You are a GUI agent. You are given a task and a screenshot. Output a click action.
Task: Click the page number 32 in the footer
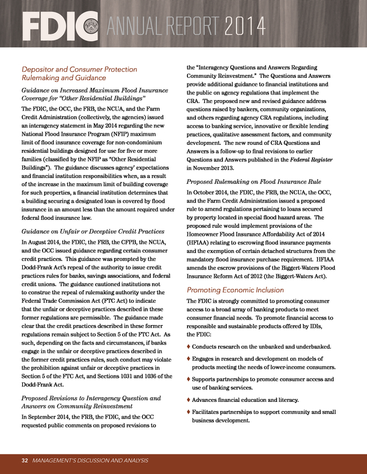click(x=25, y=460)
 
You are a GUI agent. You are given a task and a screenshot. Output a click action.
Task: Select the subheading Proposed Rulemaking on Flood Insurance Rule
click(x=250, y=181)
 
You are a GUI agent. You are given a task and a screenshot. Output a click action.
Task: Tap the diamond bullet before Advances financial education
click(x=189, y=399)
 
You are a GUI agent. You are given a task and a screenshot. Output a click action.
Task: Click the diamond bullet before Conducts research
click(x=189, y=347)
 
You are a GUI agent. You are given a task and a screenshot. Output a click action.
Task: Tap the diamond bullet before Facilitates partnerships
click(x=189, y=412)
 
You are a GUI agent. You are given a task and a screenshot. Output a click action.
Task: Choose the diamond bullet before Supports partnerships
click(x=189, y=379)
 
